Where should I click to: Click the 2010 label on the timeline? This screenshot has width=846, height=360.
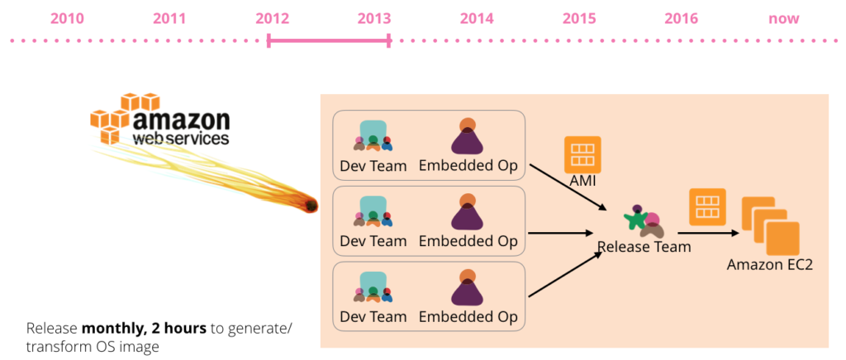pyautogui.click(x=68, y=19)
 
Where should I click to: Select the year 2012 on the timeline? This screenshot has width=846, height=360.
pyautogui.click(x=273, y=19)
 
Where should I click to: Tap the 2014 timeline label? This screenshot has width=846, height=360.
pyautogui.click(x=477, y=19)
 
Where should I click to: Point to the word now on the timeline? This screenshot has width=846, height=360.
pyautogui.click(x=784, y=19)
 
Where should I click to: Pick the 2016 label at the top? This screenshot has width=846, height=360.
pyautogui.click(x=682, y=19)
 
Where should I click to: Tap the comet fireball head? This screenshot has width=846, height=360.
pyautogui.click(x=311, y=206)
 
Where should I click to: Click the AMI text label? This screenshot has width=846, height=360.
pyautogui.click(x=582, y=182)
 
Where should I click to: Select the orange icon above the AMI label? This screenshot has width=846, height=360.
pyautogui.click(x=582, y=154)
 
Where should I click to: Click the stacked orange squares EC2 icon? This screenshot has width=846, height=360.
pyautogui.click(x=770, y=225)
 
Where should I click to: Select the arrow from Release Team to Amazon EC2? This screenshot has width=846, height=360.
pyautogui.click(x=708, y=234)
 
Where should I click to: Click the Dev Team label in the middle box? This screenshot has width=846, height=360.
pyautogui.click(x=373, y=240)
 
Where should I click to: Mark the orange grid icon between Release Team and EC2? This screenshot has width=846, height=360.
pyautogui.click(x=708, y=207)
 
